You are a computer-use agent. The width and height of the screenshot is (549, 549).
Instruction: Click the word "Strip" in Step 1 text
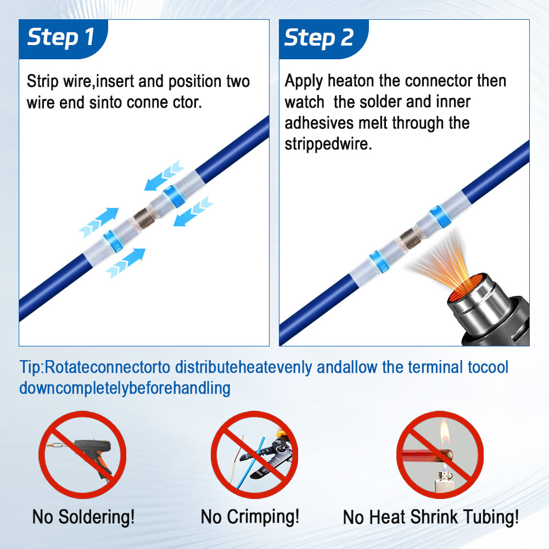click(42, 82)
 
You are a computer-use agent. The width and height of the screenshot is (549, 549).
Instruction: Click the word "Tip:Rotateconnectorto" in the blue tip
click(95, 367)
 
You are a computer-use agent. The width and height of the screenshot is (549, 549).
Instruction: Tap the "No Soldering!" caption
click(83, 517)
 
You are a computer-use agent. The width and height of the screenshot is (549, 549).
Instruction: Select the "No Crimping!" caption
click(250, 517)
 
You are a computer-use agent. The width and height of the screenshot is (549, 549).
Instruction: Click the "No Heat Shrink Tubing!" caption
click(430, 517)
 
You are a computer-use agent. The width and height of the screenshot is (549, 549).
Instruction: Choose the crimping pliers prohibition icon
click(254, 455)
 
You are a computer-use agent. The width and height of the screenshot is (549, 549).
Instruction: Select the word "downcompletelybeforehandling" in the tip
click(125, 388)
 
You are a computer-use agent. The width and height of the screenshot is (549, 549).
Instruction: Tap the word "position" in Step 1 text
click(195, 82)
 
